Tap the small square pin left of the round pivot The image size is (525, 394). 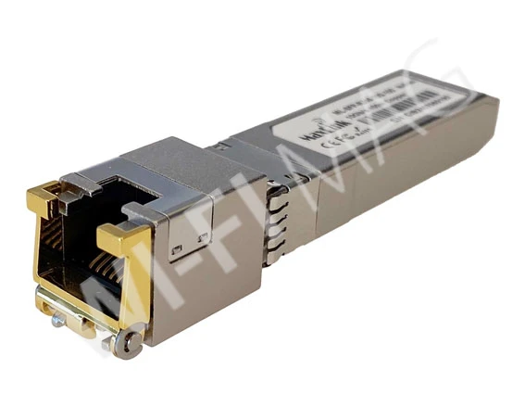coord(109,341)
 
